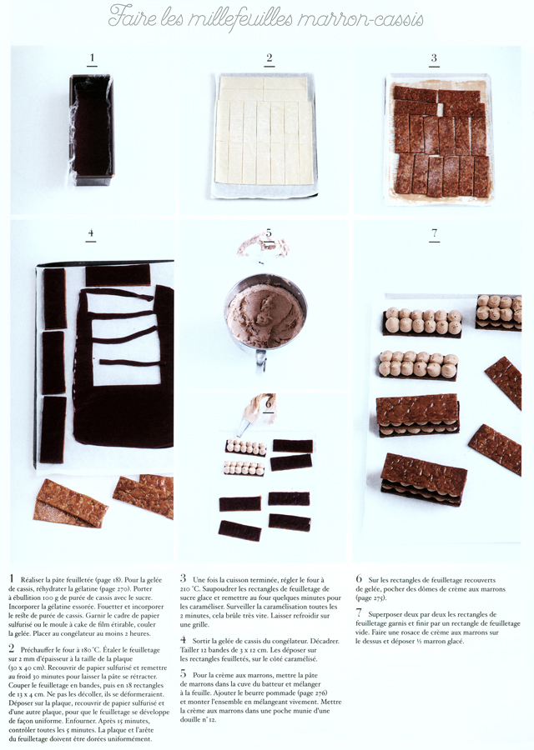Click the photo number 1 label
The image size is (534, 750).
pyautogui.click(x=92, y=58)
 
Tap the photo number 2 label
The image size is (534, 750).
pyautogui.click(x=270, y=58)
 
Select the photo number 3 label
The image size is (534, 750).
pyautogui.click(x=434, y=58)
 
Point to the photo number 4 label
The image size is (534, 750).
pyautogui.click(x=91, y=235)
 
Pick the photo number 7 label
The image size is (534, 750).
pyautogui.click(x=434, y=234)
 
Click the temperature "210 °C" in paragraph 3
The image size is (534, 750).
pyautogui.click(x=194, y=589)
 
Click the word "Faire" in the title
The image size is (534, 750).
pyautogui.click(x=133, y=16)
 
